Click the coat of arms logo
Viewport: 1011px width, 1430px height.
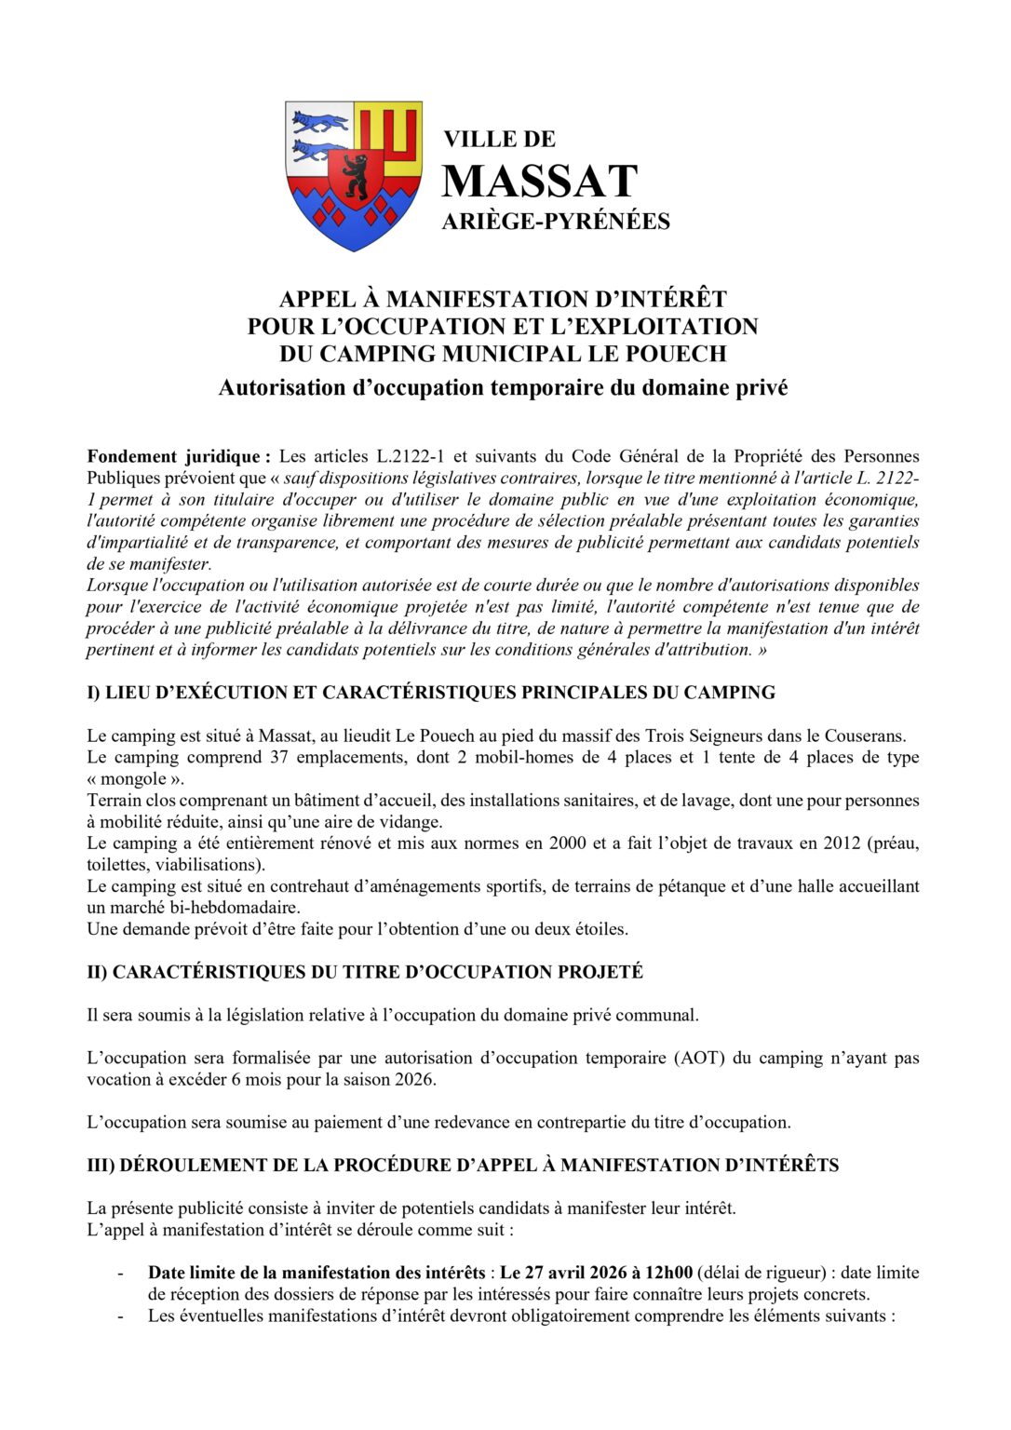coord(353,175)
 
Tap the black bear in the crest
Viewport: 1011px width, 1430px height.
coord(354,176)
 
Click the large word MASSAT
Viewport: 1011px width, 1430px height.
coord(540,182)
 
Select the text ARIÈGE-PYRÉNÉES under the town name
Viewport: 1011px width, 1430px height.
coord(556,222)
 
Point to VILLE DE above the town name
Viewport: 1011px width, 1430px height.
coord(499,140)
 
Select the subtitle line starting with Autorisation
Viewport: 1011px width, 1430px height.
coord(503,388)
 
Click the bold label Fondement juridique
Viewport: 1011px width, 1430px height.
coord(179,456)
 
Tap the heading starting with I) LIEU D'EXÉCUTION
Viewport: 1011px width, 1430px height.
coord(431,693)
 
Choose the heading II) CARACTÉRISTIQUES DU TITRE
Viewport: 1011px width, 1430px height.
coord(365,972)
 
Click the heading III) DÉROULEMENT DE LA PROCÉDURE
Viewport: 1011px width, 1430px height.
coord(463,1166)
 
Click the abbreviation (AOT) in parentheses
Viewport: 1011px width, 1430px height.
coord(698,1059)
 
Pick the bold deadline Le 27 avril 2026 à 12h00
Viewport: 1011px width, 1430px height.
coord(597,1273)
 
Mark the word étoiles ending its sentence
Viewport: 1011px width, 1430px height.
coord(600,929)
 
